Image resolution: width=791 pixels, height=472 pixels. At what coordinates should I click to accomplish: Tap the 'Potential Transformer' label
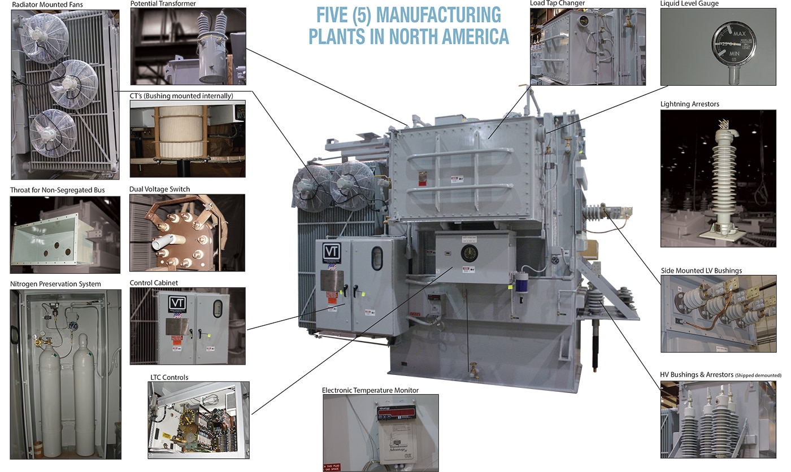pos(163,3)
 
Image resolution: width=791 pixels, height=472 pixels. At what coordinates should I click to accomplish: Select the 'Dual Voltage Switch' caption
pos(160,189)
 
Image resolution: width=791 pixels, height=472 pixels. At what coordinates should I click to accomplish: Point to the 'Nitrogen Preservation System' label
pos(55,284)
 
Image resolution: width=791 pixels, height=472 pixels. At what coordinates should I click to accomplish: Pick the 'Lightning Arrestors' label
pos(689,104)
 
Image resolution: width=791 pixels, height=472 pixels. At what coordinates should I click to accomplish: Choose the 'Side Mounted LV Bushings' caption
pos(701,271)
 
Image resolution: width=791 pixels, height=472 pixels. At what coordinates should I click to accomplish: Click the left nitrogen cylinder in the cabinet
pos(50,395)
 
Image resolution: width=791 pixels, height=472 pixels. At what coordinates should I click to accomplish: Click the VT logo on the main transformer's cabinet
pos(329,251)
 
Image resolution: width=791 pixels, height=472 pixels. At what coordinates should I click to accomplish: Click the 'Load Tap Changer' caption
pos(557,3)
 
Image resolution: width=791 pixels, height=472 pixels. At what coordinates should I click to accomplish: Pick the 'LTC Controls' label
pos(168,377)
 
